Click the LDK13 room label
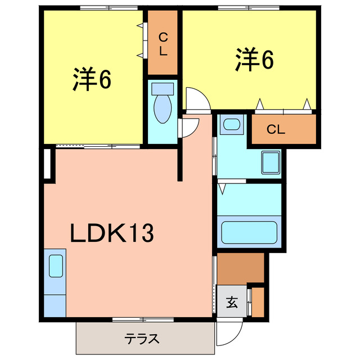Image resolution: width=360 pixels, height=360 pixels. tap(111, 232)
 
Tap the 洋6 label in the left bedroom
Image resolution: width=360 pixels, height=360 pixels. tap(92, 80)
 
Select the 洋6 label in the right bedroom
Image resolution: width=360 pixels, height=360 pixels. tap(254, 60)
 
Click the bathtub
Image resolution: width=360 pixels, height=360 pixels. tap(249, 232)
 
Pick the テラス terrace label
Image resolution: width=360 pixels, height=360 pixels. tap(142, 339)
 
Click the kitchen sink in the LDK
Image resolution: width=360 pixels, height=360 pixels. tap(56, 265)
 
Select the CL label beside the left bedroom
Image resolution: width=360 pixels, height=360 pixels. tap(163, 44)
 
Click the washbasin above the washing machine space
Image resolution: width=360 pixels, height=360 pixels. tap(230, 124)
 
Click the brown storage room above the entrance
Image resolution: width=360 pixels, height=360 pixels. tap(240, 269)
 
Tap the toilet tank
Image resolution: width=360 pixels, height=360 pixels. tap(163, 88)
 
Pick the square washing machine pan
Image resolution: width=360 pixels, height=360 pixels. tap(271, 163)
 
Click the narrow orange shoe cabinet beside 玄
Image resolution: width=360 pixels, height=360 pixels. tap(258, 303)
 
